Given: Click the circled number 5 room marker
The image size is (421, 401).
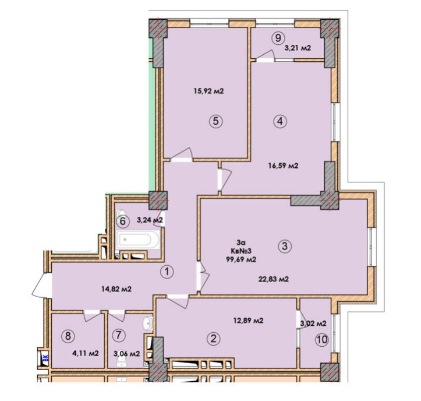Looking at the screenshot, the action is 216,121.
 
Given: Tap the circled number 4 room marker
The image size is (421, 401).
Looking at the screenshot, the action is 280,121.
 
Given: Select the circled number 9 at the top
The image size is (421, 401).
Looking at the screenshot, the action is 278,38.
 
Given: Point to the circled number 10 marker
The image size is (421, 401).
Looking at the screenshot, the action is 322,340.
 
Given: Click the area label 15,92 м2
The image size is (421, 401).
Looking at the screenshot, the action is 208,91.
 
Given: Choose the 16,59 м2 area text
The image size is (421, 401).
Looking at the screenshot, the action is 283,166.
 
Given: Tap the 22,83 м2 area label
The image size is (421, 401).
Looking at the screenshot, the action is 274,279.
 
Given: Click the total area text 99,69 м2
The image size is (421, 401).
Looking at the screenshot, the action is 241,259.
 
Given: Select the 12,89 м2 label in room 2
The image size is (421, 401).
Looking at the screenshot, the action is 248,321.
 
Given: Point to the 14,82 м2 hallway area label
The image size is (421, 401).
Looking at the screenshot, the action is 116,289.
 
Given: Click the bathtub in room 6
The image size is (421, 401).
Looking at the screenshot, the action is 137,240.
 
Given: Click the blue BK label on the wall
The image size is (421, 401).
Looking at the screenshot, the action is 45,358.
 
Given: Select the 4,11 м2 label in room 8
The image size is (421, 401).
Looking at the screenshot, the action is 86,353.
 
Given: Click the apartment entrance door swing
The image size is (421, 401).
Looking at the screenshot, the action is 41,286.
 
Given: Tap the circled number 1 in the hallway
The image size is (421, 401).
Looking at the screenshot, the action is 167,272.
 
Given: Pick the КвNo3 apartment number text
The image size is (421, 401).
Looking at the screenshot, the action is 241,251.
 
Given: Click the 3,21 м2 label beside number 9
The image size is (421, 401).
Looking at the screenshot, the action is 298,48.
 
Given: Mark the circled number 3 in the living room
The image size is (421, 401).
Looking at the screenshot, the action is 285,245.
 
